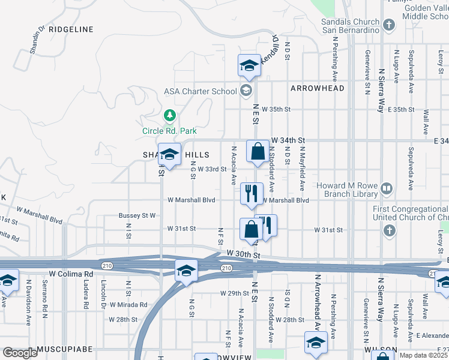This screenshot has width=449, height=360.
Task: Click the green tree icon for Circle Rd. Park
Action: pyautogui.click(x=170, y=115)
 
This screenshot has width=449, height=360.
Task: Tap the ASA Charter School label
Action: pyautogui.click(x=200, y=92)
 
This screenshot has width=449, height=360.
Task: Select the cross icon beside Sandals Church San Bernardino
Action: pyautogui.click(x=390, y=25)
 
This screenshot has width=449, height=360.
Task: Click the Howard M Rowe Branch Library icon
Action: pyautogui.click(x=387, y=189)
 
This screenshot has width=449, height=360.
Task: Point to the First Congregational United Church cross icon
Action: pyautogui.click(x=389, y=230)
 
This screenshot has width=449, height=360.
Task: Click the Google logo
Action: pyautogui.click(x=19, y=353)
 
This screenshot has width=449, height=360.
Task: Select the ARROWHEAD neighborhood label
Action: pyautogui.click(x=317, y=88)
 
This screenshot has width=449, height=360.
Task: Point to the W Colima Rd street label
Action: pyautogui.click(x=71, y=274)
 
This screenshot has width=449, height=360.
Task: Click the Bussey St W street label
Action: pyautogui.click(x=137, y=215)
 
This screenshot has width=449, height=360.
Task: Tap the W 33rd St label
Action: pyautogui.click(x=212, y=170)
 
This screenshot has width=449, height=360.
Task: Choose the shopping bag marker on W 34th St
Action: pyautogui.click(x=258, y=152)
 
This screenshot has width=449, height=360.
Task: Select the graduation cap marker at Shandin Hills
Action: pyautogui.click(x=170, y=155)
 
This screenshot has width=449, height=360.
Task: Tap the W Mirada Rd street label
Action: pyautogui.click(x=128, y=305)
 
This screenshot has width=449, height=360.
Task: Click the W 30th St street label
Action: pyautogui.click(x=243, y=255)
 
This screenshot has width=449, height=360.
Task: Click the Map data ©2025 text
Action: pyautogui.click(x=423, y=355)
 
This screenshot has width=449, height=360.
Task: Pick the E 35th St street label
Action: pyautogui.click(x=401, y=110)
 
